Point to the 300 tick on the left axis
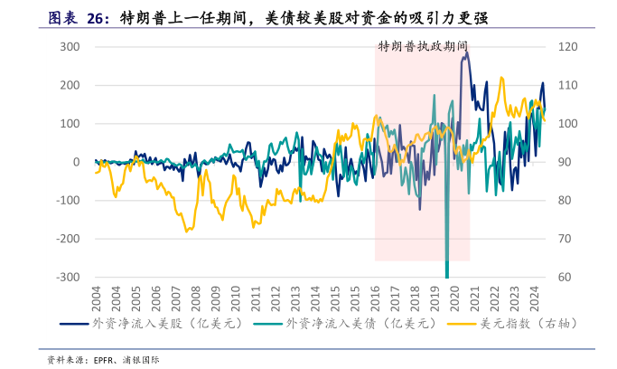pyautogui.click(x=70, y=46)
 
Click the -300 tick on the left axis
pyautogui.click(x=69, y=278)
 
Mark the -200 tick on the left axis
pyautogui.click(x=69, y=239)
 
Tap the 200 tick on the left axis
pyautogui.click(x=70, y=85)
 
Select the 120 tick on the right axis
pyautogui.click(x=568, y=46)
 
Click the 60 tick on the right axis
pyautogui.click(x=566, y=278)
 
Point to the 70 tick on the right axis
pyautogui.click(x=566, y=239)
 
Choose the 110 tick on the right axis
pyautogui.click(x=568, y=85)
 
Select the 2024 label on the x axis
pyautogui.click(x=533, y=297)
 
